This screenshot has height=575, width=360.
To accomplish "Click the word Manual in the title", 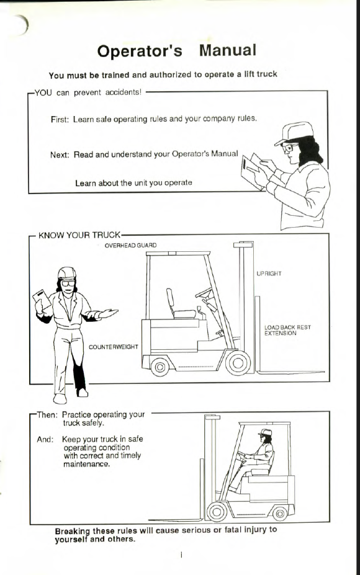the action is (x=228, y=50).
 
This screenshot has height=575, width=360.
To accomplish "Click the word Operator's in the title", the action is (x=140, y=51).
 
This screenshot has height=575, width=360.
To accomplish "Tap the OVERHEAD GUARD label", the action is (x=130, y=246).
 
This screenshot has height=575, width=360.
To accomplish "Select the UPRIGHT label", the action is (x=269, y=274).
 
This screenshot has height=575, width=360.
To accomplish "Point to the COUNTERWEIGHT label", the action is (x=114, y=347).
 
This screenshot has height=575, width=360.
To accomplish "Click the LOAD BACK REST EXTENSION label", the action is (x=287, y=330).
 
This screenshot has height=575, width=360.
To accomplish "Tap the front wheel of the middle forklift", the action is (x=238, y=363).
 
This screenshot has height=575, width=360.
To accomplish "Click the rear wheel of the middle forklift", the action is (x=160, y=367).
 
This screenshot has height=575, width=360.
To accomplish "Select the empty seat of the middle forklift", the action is (x=179, y=305).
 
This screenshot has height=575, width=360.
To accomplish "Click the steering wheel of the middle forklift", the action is (x=204, y=292).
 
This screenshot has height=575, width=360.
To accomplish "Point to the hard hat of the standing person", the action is (x=67, y=273).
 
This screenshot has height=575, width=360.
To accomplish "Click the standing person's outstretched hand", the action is (x=107, y=313).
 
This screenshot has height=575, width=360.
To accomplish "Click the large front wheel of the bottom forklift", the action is (x=217, y=511).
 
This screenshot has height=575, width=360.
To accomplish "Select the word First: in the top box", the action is (x=60, y=120).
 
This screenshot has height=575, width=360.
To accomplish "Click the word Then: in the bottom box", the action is (x=47, y=416).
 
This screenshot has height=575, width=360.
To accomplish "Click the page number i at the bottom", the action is (x=181, y=555).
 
